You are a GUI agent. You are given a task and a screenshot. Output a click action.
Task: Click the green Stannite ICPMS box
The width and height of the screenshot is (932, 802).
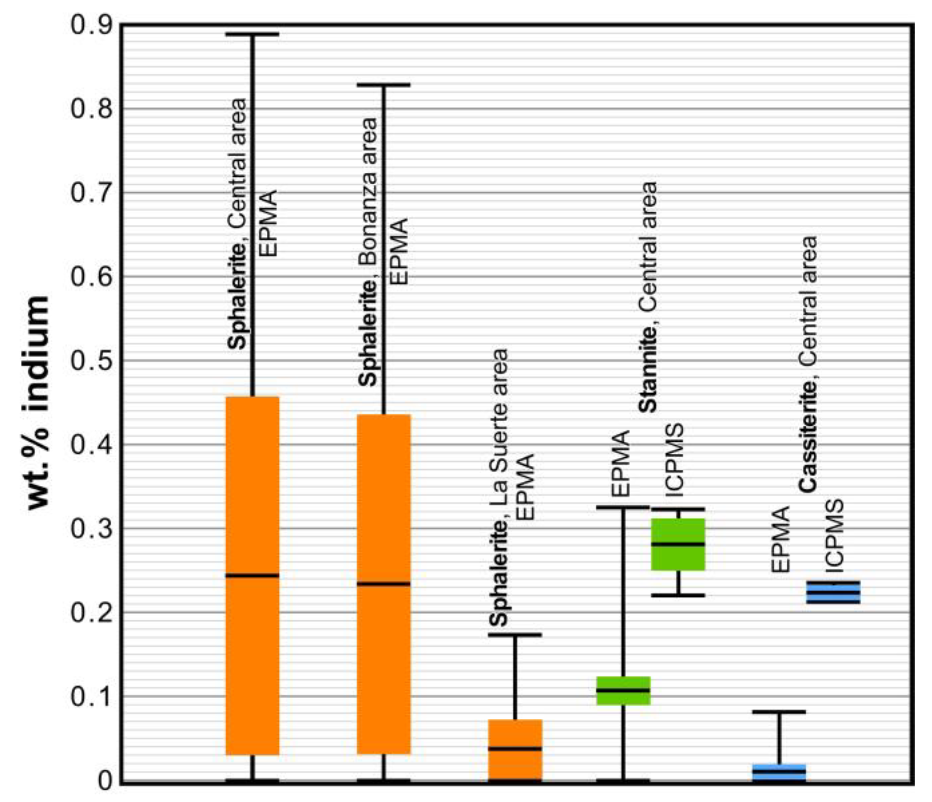[x=678, y=544]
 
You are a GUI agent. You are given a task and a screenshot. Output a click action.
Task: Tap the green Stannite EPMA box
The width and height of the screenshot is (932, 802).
[x=623, y=690]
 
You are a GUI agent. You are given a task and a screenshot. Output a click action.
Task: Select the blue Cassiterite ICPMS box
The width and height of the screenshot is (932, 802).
[x=833, y=592]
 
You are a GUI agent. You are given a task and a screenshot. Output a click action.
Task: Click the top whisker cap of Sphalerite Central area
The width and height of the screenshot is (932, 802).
[x=252, y=34]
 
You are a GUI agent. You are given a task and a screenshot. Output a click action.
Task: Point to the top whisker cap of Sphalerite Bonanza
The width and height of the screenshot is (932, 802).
[x=384, y=85]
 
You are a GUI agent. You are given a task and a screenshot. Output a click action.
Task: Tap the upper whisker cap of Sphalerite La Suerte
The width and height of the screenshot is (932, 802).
[x=515, y=635]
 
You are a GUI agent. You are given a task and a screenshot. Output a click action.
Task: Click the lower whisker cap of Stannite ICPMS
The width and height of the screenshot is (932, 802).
[x=678, y=595]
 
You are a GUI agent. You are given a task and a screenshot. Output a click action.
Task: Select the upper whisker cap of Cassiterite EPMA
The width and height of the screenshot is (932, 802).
[x=779, y=712]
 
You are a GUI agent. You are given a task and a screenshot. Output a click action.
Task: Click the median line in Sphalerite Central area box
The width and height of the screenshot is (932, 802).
[x=252, y=575]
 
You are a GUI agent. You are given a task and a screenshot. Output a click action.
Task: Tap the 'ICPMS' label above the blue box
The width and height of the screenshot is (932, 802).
[x=834, y=535]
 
